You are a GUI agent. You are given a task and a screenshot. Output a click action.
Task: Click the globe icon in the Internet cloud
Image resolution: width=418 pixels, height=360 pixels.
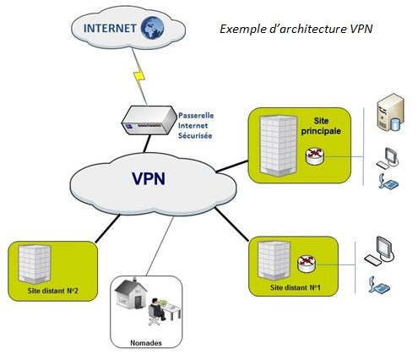[152, 28]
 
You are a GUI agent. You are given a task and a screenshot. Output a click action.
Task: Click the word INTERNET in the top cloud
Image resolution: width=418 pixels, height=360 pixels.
[110, 28]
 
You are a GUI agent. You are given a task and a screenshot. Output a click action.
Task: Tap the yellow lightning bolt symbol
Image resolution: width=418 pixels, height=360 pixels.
[139, 76]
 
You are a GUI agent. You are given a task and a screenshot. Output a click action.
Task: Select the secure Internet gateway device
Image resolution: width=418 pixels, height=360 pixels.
[149, 120]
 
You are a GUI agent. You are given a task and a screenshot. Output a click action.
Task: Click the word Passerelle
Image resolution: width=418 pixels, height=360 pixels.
[196, 116]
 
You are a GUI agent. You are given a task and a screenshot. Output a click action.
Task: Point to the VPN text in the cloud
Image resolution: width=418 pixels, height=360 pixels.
[149, 178]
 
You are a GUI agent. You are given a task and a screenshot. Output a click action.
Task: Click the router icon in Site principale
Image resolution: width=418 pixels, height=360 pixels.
[315, 156]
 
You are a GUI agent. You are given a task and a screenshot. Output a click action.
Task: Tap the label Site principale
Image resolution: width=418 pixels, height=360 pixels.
[321, 126]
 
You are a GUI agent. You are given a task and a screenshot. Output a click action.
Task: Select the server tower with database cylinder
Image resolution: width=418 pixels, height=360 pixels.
[390, 112]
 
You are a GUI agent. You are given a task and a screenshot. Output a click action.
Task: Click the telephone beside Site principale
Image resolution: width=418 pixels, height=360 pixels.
[388, 182]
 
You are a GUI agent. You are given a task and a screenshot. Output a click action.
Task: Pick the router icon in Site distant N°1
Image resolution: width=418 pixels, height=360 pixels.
[307, 264]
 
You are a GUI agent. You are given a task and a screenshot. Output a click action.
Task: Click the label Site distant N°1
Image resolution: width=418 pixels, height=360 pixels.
[296, 287]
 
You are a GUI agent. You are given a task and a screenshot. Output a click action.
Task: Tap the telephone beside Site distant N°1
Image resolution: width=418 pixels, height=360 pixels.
[379, 285]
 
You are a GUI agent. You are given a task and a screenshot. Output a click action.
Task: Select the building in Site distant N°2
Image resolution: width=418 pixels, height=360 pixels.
[35, 264]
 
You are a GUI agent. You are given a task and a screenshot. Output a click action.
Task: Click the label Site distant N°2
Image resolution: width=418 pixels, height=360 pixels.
[52, 291]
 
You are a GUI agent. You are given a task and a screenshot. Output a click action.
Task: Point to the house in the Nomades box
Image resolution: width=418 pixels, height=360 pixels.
[131, 293]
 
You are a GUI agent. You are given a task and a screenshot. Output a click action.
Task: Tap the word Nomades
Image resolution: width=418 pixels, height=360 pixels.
[146, 343]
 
